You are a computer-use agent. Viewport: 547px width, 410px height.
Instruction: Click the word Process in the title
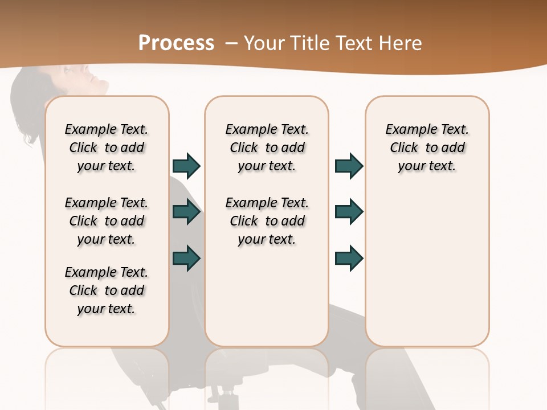176,43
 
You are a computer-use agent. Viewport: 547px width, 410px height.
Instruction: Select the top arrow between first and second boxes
186,166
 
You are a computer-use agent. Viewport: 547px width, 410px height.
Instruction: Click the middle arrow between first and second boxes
186,212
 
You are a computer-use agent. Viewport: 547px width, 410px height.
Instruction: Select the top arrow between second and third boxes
349,166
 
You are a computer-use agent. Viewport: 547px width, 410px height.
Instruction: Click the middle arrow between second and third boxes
349,212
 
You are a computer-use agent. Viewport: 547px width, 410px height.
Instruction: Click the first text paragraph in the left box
107,147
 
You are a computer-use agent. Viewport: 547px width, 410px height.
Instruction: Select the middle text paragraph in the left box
107,221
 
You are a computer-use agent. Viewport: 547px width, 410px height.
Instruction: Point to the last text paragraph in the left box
107,290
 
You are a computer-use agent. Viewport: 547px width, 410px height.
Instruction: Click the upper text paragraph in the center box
267,147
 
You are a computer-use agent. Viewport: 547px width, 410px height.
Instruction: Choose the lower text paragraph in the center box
267,221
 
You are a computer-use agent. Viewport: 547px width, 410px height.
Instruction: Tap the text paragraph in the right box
427,147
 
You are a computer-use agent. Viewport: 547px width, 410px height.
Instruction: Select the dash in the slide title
231,43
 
